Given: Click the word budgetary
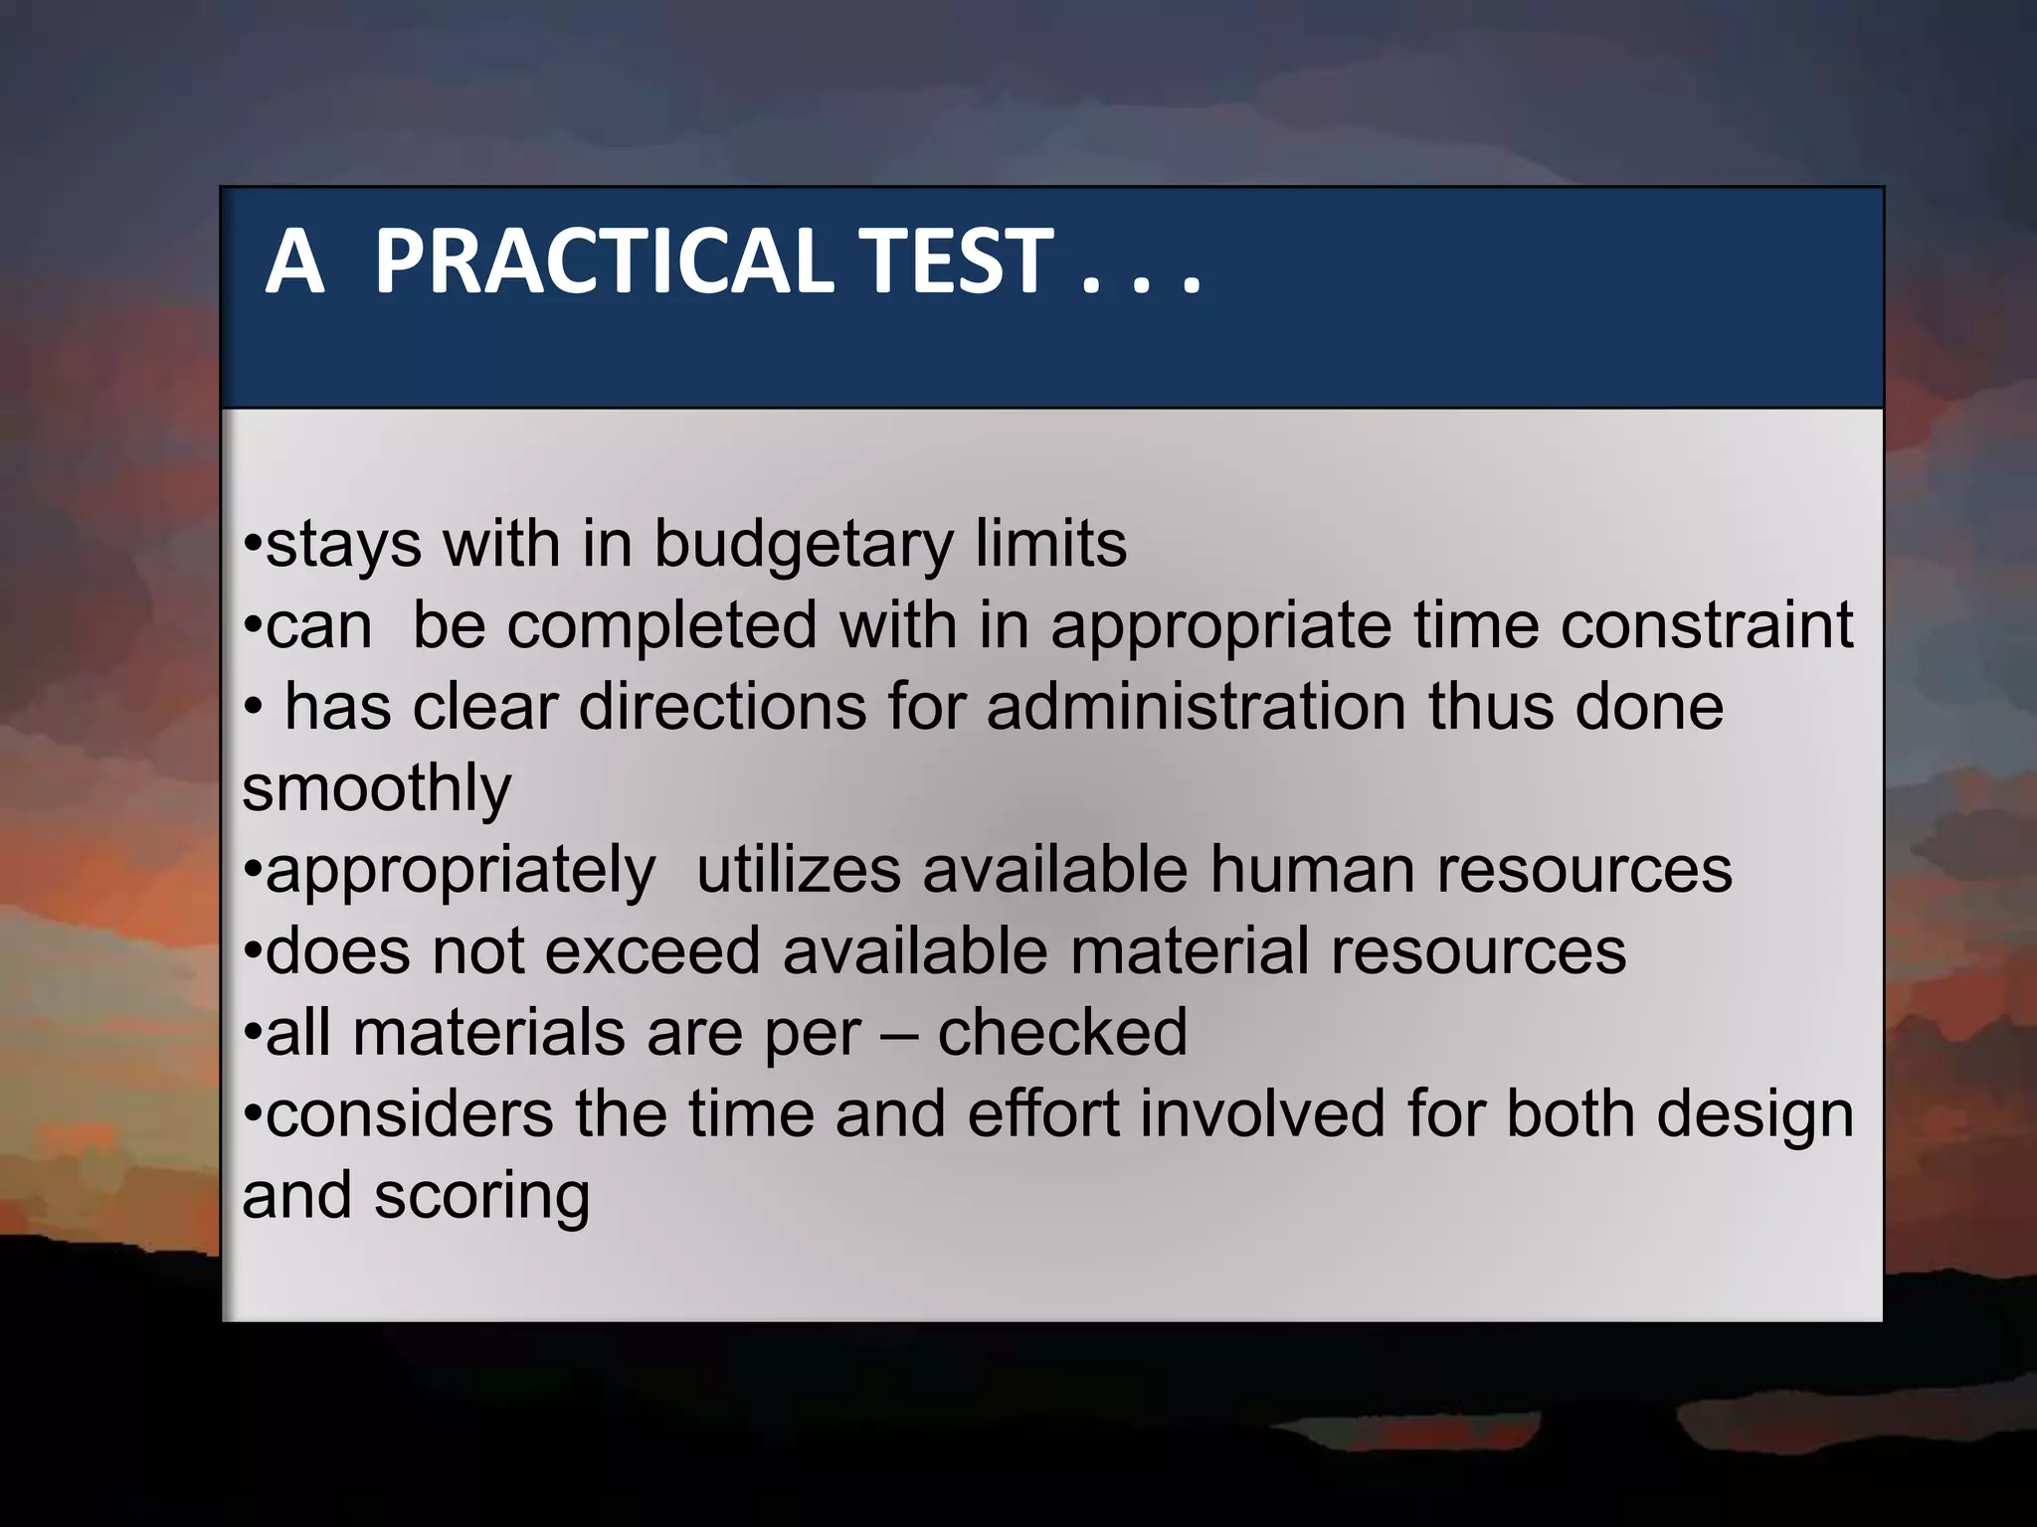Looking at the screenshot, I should click(x=803, y=546).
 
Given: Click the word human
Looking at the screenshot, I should click(x=1311, y=870).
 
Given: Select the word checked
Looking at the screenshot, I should click(x=1062, y=1033).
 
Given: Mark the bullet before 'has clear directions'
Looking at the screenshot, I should click(x=254, y=709).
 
